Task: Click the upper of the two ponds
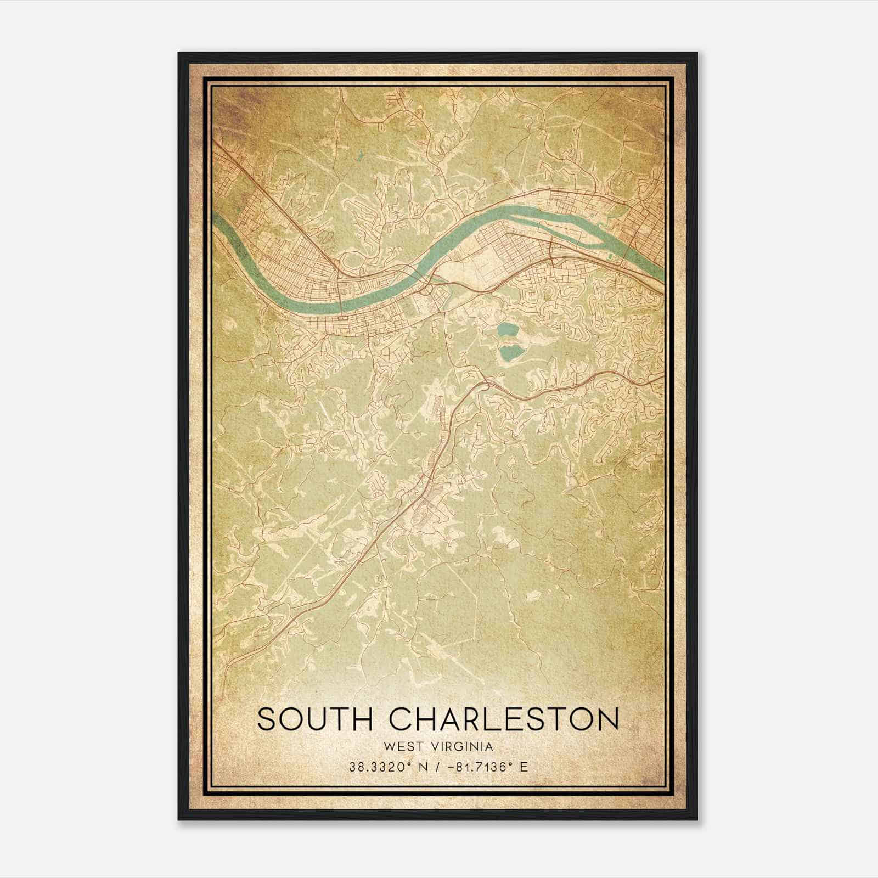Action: pos(505,331)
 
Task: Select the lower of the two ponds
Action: pos(509,352)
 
